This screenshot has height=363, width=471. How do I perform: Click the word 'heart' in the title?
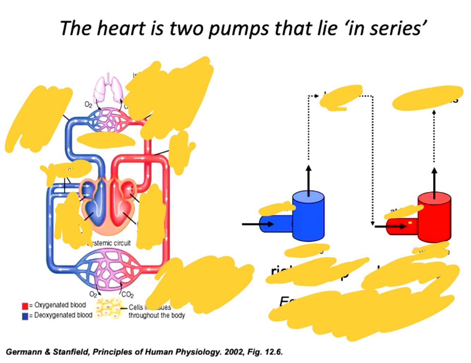(121, 28)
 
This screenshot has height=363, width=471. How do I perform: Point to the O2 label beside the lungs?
(88, 104)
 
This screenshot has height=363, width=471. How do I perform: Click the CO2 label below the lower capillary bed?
(127, 295)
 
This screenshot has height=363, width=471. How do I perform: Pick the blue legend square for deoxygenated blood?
(25, 316)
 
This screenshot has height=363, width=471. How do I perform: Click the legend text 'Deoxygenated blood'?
(63, 315)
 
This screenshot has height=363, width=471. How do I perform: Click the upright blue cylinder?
(308, 216)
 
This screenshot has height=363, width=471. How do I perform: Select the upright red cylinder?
(434, 217)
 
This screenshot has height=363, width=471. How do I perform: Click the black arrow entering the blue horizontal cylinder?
(258, 224)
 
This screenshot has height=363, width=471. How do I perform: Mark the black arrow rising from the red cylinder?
(434, 182)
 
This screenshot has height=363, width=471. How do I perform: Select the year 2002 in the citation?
(233, 352)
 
